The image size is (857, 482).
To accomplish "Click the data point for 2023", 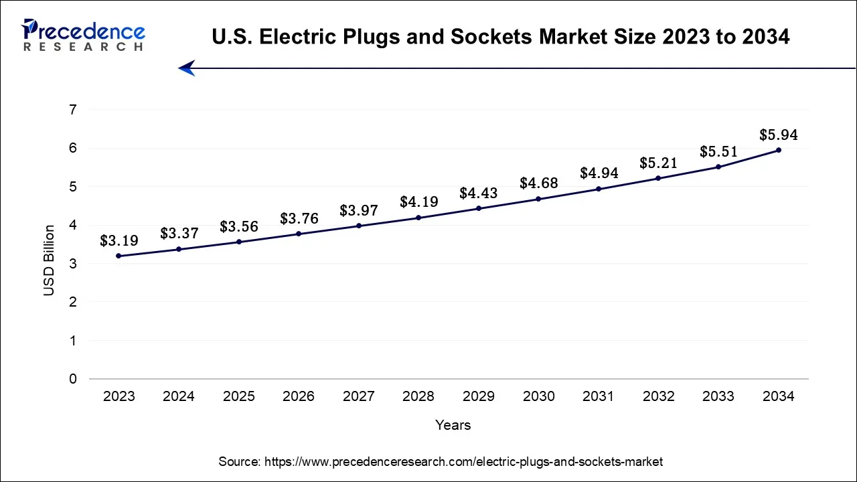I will pyautogui.click(x=119, y=256).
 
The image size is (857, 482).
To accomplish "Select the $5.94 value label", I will pyautogui.click(x=778, y=135).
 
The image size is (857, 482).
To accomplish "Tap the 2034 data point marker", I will pyautogui.click(x=779, y=150).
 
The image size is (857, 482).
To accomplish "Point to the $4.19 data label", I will pyautogui.click(x=418, y=202).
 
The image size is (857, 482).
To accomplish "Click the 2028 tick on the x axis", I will pyautogui.click(x=418, y=396).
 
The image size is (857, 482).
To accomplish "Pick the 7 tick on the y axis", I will pyautogui.click(x=73, y=110).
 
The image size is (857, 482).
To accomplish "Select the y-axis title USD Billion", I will pyautogui.click(x=49, y=261).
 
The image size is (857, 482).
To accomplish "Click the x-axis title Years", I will pyautogui.click(x=453, y=425).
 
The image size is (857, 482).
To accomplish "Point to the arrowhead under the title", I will pyautogui.click(x=186, y=68).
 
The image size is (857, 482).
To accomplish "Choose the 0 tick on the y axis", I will pyautogui.click(x=73, y=379).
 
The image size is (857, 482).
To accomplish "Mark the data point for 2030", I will pyautogui.click(x=538, y=199).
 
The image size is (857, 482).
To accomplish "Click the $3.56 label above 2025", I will pyautogui.click(x=239, y=227).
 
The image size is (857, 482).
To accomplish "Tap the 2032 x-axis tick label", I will pyautogui.click(x=658, y=396).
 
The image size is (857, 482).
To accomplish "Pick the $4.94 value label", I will pyautogui.click(x=598, y=174).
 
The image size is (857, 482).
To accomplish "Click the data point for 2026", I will pyautogui.click(x=299, y=234).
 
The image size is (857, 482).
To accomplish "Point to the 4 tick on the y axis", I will pyautogui.click(x=73, y=226).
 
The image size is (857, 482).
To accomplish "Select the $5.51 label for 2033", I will pyautogui.click(x=718, y=152).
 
